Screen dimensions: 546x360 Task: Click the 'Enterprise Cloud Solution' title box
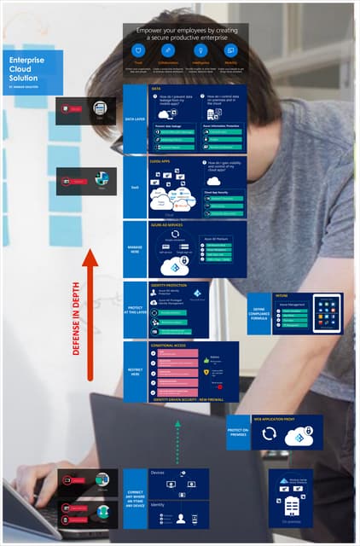(32, 72)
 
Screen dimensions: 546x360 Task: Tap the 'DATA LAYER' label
(135, 119)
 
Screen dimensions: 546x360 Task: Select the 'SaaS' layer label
(135, 188)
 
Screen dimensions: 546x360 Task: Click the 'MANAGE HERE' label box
(135, 249)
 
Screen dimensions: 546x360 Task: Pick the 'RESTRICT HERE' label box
(135, 371)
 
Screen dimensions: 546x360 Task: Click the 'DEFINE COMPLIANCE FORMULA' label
(259, 313)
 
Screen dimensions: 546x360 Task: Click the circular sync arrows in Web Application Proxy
(269, 434)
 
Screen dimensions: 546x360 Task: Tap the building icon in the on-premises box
(291, 505)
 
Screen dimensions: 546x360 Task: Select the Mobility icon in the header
(230, 51)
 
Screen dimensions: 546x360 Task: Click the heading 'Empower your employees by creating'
(186, 30)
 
